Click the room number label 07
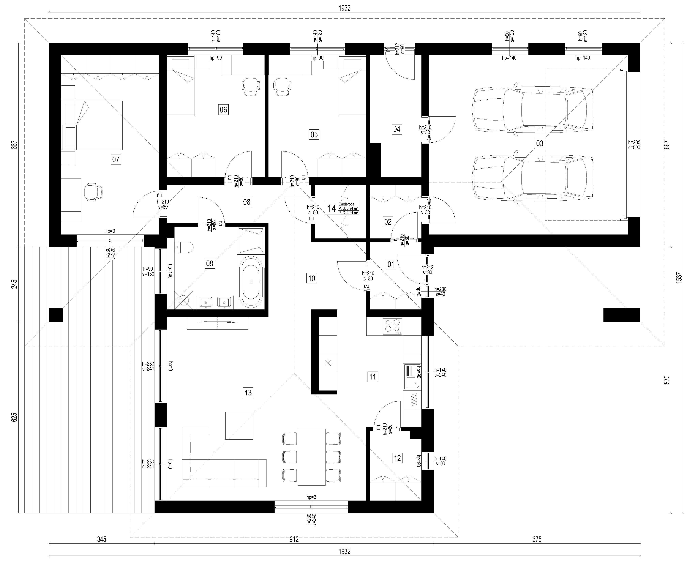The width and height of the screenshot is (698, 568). [x=115, y=160]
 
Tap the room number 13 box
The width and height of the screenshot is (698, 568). [x=248, y=392]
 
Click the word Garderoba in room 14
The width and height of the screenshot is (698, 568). [x=346, y=204]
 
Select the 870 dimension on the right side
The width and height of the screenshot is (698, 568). [x=667, y=379]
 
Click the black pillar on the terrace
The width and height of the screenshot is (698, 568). [x=56, y=315]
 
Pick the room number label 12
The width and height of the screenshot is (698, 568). [x=397, y=458]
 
